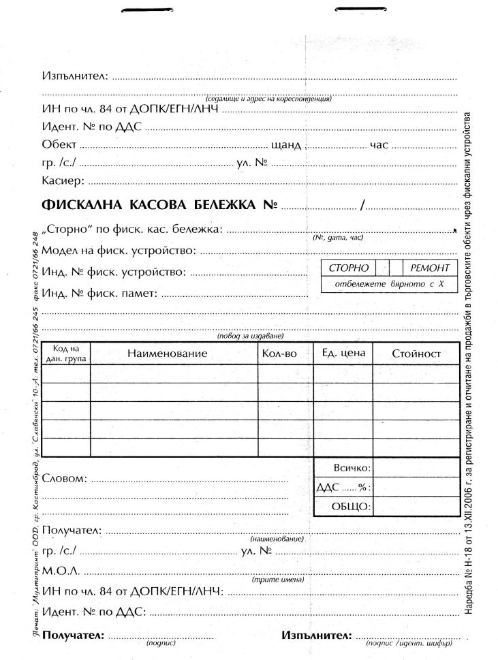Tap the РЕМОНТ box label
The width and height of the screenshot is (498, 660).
(x=430, y=268)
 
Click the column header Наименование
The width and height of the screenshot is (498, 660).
(x=166, y=353)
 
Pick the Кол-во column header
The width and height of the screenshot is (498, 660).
(x=279, y=353)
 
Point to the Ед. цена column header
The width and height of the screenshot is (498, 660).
(x=343, y=353)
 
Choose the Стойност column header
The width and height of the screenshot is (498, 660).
(x=416, y=353)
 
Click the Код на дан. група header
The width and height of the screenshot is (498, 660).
(x=65, y=353)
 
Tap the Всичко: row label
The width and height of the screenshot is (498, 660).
(x=352, y=469)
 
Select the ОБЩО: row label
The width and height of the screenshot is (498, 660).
(x=351, y=507)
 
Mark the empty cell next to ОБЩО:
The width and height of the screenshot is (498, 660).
(x=416, y=507)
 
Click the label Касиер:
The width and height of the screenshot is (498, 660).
(x=63, y=180)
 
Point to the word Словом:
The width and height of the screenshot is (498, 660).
(x=64, y=478)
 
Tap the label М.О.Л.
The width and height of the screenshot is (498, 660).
(x=61, y=569)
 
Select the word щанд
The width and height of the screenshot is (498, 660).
(x=285, y=145)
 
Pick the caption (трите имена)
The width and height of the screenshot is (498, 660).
(x=277, y=580)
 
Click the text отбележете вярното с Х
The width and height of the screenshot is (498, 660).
(x=390, y=283)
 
